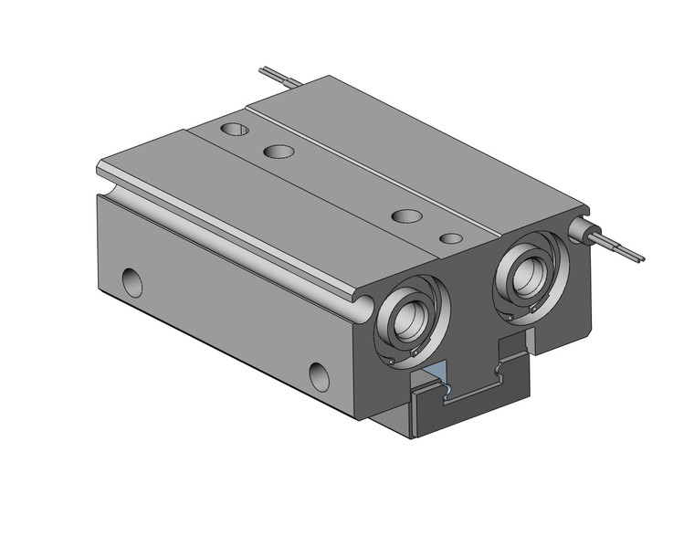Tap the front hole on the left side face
coord(319,373)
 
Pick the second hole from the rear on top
coord(279,150)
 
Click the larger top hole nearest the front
coord(406,216)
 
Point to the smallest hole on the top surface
coord(450,238)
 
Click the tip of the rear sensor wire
coord(262,68)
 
